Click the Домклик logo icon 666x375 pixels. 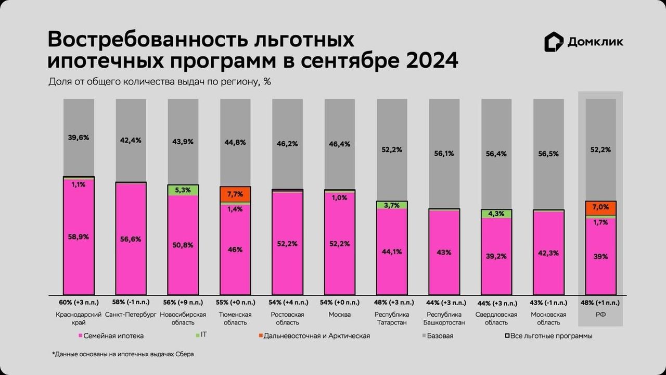pos(554,42)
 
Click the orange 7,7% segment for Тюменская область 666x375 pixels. pos(235,194)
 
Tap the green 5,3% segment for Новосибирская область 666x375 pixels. pos(183,190)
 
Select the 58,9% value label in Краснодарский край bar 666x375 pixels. pos(79,236)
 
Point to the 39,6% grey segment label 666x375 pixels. pos(79,137)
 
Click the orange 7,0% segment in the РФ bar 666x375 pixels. pos(600,207)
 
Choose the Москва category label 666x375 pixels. pos(339,315)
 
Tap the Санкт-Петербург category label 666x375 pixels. pos(131,315)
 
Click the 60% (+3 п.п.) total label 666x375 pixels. pos(79,302)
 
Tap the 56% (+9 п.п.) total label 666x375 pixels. pos(183,302)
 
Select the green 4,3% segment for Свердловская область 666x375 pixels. pos(496,214)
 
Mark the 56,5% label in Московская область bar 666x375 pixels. pos(548,154)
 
